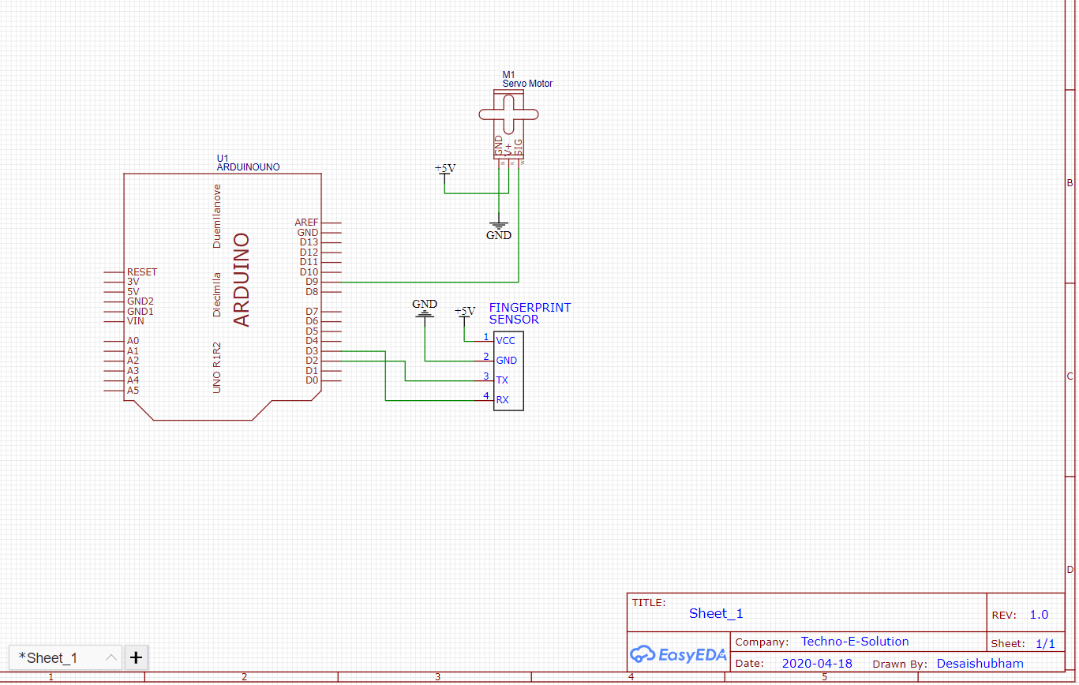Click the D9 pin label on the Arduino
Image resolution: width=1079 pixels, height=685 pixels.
[x=312, y=282]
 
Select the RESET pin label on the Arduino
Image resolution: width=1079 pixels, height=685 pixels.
[x=142, y=272]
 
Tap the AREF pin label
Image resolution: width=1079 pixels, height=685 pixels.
[x=306, y=223]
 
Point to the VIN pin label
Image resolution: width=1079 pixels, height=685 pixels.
[x=136, y=321]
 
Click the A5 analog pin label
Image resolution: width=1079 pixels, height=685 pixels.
[x=133, y=390]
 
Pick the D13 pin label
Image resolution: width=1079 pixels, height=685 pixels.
[x=309, y=242]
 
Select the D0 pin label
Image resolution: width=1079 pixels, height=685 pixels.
[x=312, y=380]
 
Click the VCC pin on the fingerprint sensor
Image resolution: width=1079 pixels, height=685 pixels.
[x=505, y=341]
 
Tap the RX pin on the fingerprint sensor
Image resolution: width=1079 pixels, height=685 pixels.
[x=502, y=400]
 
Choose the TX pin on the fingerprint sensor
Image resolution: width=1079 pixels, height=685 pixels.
[x=502, y=380]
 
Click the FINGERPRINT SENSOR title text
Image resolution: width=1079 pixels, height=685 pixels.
[x=529, y=313]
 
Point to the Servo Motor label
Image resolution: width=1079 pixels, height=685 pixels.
[x=527, y=84]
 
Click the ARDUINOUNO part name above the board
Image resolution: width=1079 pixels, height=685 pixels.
[x=248, y=167]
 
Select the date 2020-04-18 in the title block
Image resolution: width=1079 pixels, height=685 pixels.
[x=817, y=664]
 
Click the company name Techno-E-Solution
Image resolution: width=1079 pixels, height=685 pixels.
[x=855, y=642]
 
